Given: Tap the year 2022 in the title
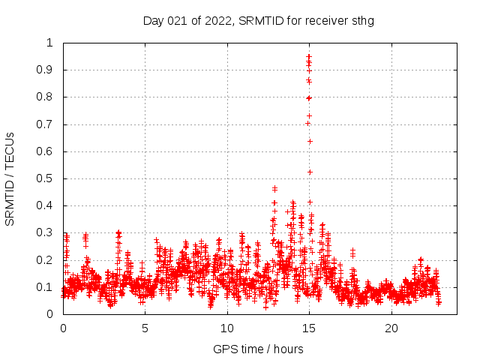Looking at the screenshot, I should tap(217, 20).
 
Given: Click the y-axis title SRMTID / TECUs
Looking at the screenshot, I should tap(10, 178).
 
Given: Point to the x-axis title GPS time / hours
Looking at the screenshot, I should tap(258, 349).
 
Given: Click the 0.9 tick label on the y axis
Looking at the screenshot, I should tap(46, 70).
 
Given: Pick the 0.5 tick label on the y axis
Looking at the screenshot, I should tap(46, 178).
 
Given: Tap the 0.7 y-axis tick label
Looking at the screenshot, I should tap(46, 124).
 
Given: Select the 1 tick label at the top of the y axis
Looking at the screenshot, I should tap(50, 43).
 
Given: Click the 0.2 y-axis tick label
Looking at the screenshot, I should tap(46, 260).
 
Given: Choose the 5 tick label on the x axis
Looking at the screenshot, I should tap(145, 328).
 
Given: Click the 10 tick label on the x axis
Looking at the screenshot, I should tap(227, 328).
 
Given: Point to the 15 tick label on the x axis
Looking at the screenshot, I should tap(309, 328).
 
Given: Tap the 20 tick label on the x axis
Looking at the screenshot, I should tap(391, 328).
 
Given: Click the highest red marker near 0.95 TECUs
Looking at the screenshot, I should tap(309, 56).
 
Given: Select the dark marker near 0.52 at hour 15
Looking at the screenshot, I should tap(310, 172).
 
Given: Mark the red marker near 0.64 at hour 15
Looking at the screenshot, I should tap(310, 141).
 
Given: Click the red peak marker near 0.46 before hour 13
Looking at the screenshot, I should tap(274, 188).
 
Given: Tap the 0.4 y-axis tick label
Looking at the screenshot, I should tap(46, 205).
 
